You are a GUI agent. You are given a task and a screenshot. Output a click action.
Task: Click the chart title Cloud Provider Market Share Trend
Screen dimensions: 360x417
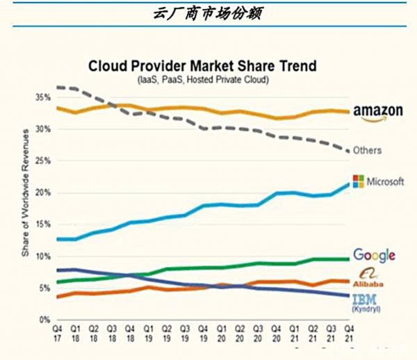[202, 67]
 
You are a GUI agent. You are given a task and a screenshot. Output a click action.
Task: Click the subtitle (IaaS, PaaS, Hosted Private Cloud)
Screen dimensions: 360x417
[202, 81]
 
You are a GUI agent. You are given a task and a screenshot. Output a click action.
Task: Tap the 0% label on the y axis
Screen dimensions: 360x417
[44, 320]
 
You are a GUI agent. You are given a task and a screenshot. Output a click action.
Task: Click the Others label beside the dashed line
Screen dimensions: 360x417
[368, 150]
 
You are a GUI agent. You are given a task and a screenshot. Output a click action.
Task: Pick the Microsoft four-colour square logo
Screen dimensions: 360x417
[359, 181]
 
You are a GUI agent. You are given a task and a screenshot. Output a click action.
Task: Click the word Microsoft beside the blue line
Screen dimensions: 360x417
[386, 181]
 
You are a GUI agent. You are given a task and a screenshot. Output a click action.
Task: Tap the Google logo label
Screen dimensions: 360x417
[374, 255]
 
